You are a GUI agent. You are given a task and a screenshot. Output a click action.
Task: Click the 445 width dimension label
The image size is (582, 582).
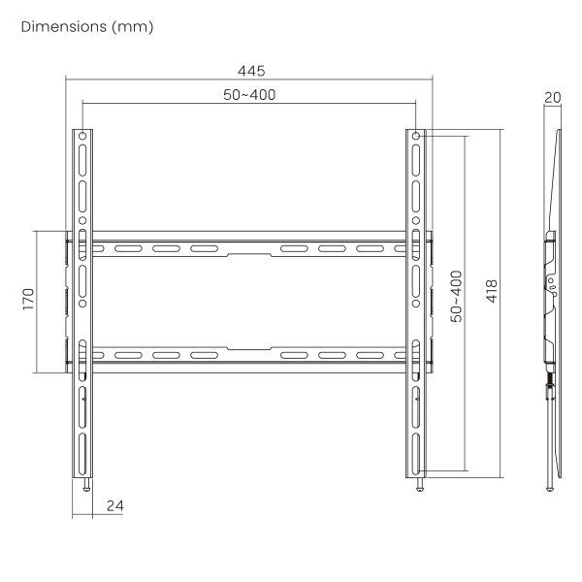(251, 71)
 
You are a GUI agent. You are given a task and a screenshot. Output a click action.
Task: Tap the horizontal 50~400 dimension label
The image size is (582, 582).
(249, 95)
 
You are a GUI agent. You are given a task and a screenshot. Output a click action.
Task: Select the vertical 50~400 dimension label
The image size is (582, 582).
(456, 296)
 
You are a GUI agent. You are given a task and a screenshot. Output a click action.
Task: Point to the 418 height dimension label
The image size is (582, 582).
(492, 291)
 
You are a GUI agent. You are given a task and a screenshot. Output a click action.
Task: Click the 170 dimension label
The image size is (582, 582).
(28, 299)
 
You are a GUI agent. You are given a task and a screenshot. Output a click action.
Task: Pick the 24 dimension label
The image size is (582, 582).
(115, 506)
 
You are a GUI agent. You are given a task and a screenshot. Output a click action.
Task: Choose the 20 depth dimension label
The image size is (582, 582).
(553, 98)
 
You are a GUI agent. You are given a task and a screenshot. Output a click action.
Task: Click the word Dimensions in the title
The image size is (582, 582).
(64, 27)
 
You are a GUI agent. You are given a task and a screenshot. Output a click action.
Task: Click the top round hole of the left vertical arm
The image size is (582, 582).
(82, 136)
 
